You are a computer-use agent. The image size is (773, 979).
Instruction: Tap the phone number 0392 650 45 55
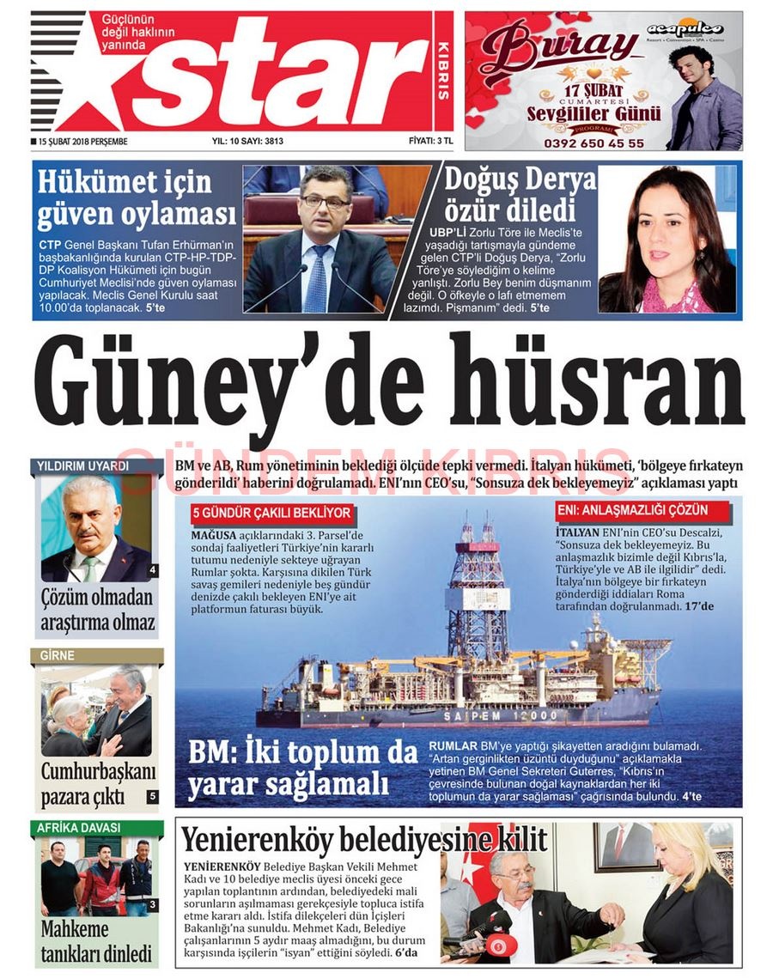[x=593, y=143]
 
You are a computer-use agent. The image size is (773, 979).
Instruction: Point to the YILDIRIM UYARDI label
[x=83, y=466]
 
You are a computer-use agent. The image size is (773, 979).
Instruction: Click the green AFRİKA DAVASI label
[x=78, y=828]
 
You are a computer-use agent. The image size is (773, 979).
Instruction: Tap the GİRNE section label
[x=58, y=656]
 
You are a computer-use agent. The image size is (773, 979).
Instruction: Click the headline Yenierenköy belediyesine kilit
[x=364, y=839]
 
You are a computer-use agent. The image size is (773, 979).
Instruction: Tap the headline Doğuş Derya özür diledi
[x=520, y=196]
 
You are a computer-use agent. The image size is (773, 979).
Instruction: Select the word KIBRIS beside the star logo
[x=443, y=70]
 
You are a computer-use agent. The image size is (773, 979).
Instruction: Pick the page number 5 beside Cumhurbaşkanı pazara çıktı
[x=152, y=797]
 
